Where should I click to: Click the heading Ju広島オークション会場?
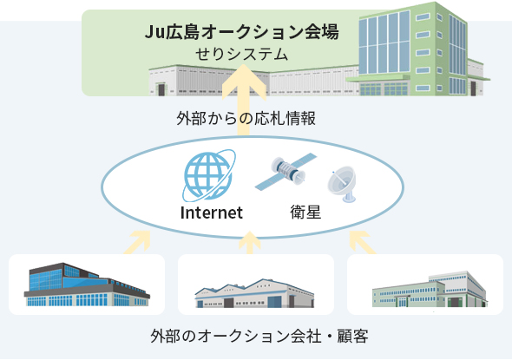click(x=241, y=32)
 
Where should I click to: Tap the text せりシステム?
click(x=241, y=54)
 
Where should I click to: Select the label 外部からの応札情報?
click(x=246, y=119)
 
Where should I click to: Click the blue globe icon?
click(x=208, y=175)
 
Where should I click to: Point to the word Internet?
click(x=212, y=213)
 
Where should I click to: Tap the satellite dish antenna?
click(x=342, y=184)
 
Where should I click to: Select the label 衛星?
click(x=305, y=213)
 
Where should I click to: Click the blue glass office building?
click(x=87, y=285)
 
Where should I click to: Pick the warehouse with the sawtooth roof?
click(x=254, y=293)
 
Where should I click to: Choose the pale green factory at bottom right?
click(x=430, y=289)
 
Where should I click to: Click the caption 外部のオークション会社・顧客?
click(x=259, y=337)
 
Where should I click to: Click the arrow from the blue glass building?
click(x=138, y=242)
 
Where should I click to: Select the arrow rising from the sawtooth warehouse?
click(x=250, y=243)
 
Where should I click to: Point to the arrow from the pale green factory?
click(x=362, y=242)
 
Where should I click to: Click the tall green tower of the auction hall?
click(x=413, y=49)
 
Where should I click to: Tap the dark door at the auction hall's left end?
click(x=161, y=89)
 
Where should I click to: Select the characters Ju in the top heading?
click(x=154, y=32)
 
